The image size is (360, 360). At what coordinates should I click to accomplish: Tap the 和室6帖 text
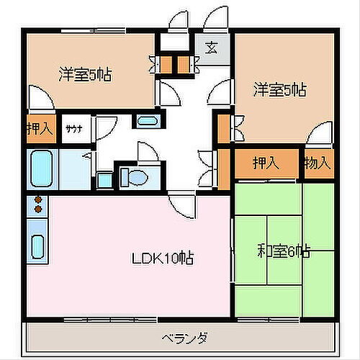point(284,251)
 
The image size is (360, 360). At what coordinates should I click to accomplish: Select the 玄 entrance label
point(212,50)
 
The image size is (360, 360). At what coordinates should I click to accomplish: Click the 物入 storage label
point(318,163)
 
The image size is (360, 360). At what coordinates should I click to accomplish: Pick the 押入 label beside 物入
point(265,163)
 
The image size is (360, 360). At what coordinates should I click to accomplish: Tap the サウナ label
point(73,130)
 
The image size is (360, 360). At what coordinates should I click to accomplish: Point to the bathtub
point(42,168)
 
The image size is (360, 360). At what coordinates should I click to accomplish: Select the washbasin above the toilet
point(148,120)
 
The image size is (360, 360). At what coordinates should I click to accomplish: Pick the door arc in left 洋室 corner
point(37,96)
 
